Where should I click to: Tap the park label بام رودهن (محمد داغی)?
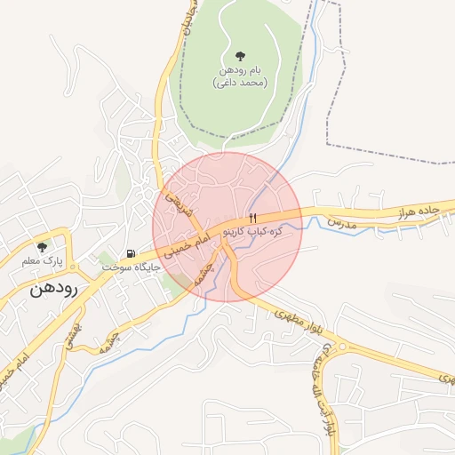click(x=241, y=76)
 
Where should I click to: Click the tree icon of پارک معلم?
click(x=41, y=248)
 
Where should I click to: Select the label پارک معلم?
click(x=41, y=262)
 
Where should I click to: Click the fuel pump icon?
click(x=132, y=253)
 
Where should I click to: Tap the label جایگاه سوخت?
click(x=130, y=267)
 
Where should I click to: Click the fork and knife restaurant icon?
click(x=252, y=218)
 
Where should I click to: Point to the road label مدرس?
click(x=340, y=223)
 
